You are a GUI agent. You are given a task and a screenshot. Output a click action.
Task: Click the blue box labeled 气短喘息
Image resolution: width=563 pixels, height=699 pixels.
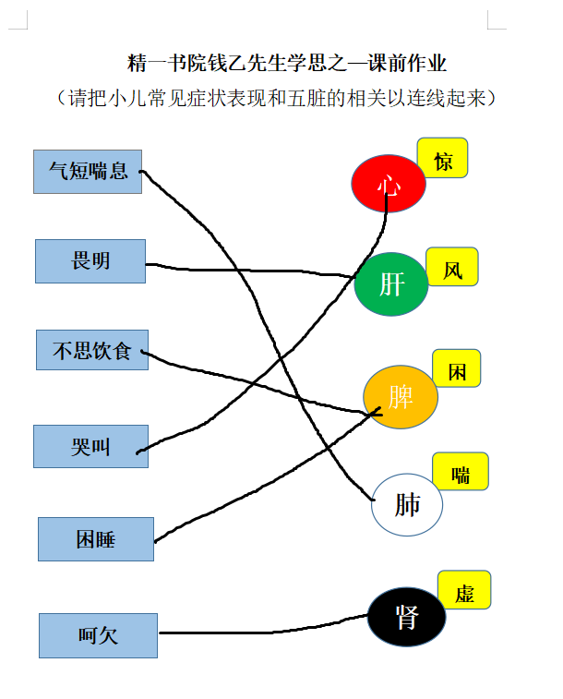tap(88, 172)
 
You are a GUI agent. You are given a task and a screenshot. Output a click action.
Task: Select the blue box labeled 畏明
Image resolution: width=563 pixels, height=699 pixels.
tap(90, 261)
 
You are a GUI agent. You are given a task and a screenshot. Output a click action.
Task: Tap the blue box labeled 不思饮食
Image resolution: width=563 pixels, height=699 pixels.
tap(92, 350)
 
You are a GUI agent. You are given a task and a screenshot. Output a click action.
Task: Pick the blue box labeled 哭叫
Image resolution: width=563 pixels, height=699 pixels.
tap(90, 446)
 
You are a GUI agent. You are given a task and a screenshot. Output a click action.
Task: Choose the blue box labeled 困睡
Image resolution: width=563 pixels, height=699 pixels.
tap(96, 539)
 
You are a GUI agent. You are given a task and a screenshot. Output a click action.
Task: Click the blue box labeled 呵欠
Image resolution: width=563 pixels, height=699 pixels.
tap(98, 635)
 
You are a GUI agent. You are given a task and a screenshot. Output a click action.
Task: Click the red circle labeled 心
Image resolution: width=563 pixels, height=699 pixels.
tap(389, 183)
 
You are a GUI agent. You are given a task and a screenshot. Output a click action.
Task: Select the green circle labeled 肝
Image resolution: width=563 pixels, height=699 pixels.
tap(391, 284)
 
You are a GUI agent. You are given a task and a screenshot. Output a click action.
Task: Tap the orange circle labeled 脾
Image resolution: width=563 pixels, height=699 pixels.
tap(401, 397)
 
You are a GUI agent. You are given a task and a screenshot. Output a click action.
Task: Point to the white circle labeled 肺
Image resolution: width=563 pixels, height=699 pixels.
tap(407, 504)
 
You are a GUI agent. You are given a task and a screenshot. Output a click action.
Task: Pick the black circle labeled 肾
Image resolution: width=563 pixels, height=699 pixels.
tap(407, 617)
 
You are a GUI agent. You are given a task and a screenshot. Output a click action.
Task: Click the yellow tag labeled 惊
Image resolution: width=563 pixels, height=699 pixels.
tap(442, 158)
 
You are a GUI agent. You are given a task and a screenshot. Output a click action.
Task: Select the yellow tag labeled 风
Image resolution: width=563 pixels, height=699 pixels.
tap(452, 267)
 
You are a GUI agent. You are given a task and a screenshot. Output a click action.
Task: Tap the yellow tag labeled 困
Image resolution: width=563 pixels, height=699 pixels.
tap(457, 368)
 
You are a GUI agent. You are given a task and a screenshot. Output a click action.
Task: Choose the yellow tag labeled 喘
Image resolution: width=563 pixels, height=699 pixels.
tap(461, 471)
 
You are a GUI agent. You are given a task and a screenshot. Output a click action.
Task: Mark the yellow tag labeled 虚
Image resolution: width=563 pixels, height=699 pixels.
tap(464, 590)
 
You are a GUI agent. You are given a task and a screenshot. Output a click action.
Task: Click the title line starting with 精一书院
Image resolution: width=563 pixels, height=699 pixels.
tap(286, 64)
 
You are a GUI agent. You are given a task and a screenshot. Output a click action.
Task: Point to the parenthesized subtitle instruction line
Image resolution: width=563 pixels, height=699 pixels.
tap(276, 98)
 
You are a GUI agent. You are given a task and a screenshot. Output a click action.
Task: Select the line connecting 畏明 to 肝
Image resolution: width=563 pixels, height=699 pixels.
tap(249, 271)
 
